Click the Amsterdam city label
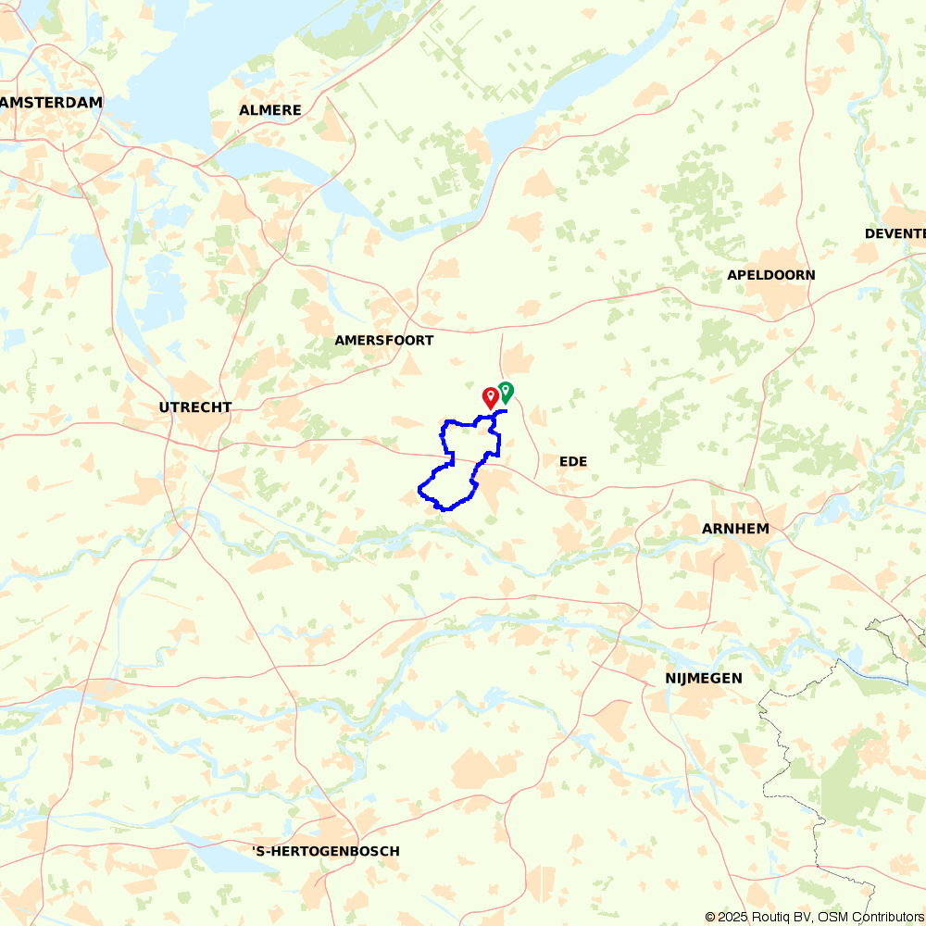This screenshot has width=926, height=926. point(51,103)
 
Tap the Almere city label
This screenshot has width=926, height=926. point(270,110)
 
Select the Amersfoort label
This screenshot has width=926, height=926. point(383,341)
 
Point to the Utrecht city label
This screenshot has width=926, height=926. point(194,407)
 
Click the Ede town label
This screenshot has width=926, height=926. point(573,461)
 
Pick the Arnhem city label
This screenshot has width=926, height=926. point(736,529)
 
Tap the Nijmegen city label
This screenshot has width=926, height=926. point(704,679)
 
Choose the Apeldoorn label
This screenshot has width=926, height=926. point(771,275)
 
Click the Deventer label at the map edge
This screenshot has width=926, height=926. point(895,233)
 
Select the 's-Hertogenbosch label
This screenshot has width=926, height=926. point(326,851)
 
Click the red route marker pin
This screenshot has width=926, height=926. point(491,397)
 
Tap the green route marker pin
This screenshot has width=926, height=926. point(506,392)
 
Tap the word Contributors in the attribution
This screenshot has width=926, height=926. point(884,917)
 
